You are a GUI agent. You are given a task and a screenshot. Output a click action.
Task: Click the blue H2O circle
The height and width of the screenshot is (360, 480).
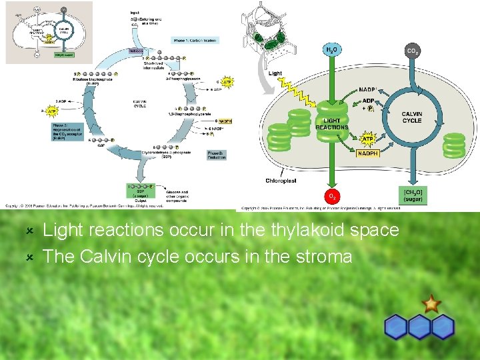(x=331, y=51)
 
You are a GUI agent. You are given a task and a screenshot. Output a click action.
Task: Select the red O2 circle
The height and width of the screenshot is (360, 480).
(x=331, y=196)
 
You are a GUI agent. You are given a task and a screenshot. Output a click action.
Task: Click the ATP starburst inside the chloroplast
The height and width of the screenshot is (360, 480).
(x=367, y=139)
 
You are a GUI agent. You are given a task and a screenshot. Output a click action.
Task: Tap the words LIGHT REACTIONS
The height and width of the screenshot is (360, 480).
(x=331, y=123)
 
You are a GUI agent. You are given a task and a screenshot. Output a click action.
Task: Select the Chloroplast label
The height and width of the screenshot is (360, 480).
(x=281, y=181)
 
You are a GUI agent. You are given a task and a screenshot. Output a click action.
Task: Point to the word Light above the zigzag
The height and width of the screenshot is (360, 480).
(x=275, y=73)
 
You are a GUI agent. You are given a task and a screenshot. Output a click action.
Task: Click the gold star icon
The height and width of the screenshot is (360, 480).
(x=431, y=304)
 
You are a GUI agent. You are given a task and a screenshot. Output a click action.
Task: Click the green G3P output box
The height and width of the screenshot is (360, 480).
(x=142, y=191)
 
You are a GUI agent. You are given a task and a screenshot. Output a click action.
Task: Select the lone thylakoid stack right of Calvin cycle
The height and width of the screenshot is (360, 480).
(x=454, y=145)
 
